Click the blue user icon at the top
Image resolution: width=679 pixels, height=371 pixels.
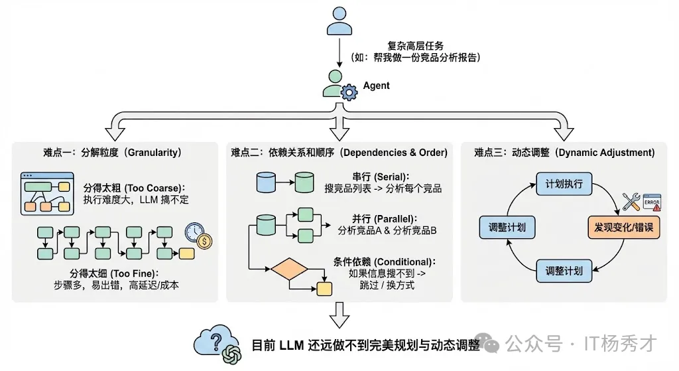pyautogui.click(x=339, y=21)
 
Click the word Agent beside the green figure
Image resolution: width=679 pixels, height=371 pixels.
pyautogui.click(x=376, y=86)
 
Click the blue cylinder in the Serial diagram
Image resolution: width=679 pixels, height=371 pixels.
pyautogui.click(x=265, y=183)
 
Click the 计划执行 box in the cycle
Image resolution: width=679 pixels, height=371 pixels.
pyautogui.click(x=564, y=184)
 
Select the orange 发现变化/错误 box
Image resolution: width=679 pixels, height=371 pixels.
pyautogui.click(x=623, y=228)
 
